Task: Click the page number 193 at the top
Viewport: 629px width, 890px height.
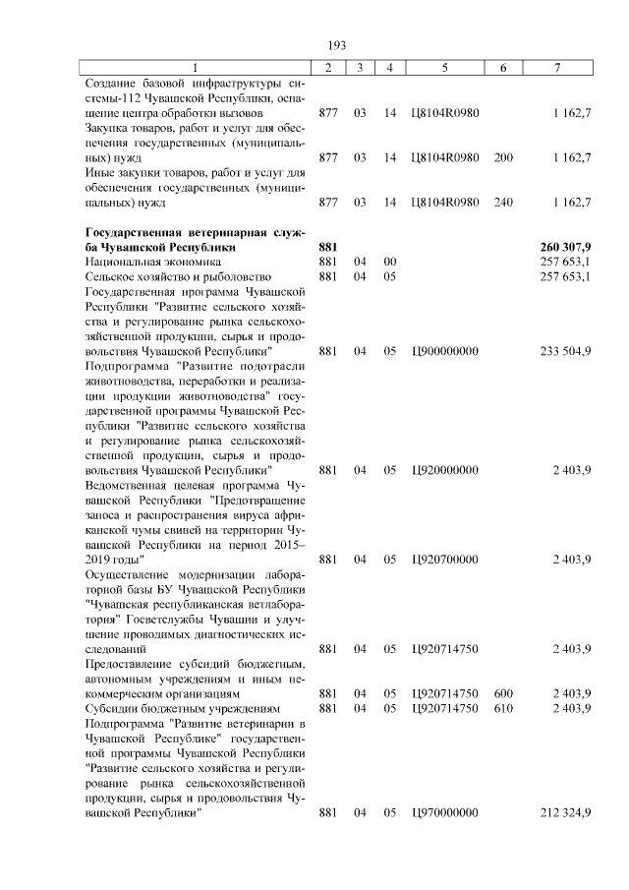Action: tap(337, 45)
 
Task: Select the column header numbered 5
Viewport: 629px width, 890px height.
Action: tap(445, 67)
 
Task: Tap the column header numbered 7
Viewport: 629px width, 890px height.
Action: tap(557, 67)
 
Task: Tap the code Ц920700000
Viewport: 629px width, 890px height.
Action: tap(445, 560)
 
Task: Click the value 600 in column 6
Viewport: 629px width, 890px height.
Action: tap(503, 693)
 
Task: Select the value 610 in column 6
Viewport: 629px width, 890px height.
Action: tap(503, 708)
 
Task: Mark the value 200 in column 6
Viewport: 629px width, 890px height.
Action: tap(503, 157)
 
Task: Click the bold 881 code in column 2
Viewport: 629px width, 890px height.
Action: tap(328, 247)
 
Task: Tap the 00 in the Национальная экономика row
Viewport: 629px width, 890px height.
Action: tap(389, 263)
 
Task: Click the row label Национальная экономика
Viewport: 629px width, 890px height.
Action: tap(152, 263)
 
